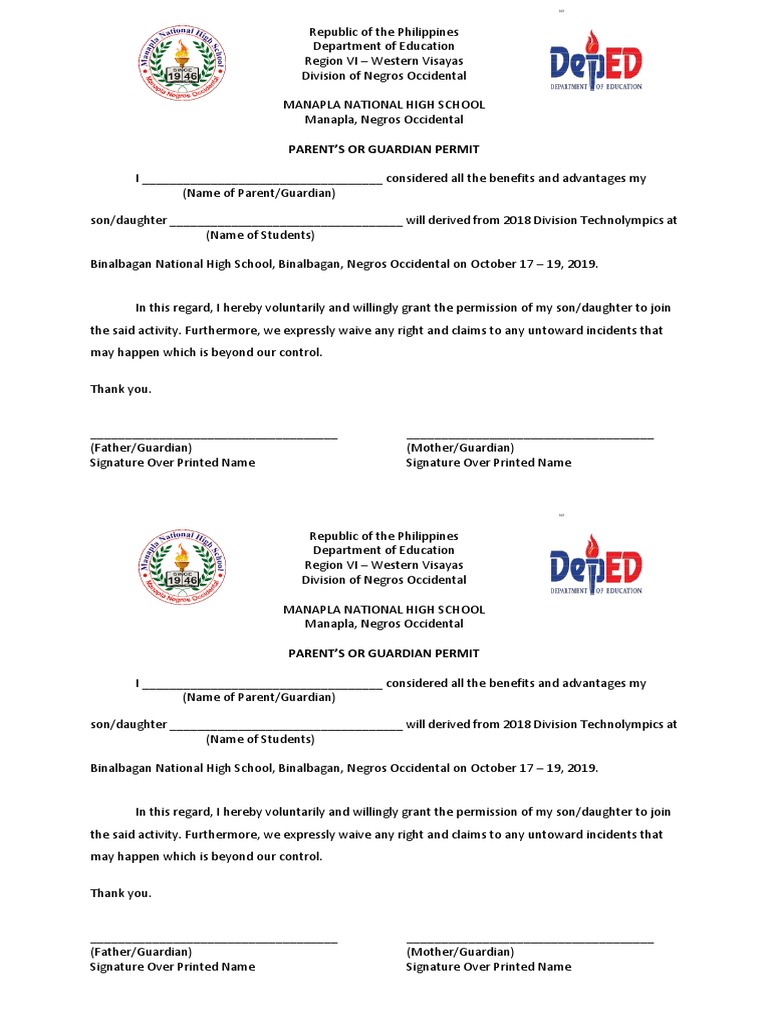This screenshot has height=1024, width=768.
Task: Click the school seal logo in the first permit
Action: [181, 62]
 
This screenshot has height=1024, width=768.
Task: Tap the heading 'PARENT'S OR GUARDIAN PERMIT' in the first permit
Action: [384, 149]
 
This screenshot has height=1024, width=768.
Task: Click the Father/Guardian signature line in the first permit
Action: [213, 436]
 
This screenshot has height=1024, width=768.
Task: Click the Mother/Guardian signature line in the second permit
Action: [530, 941]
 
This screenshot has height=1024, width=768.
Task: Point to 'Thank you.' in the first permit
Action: [121, 389]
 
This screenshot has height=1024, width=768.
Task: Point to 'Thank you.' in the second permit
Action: [121, 893]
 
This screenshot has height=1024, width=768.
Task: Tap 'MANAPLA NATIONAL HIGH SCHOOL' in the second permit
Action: [384, 609]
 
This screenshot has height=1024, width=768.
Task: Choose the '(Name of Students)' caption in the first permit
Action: [260, 235]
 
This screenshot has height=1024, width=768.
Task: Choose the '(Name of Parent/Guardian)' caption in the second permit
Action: [259, 697]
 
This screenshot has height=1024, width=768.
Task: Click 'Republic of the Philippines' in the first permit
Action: [384, 32]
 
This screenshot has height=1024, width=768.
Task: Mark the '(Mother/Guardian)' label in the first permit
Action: [460, 448]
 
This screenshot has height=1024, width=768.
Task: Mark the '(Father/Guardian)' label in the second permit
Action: [141, 952]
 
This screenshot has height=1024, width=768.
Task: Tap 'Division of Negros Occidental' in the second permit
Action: [384, 580]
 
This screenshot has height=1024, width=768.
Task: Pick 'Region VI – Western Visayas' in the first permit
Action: [384, 61]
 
